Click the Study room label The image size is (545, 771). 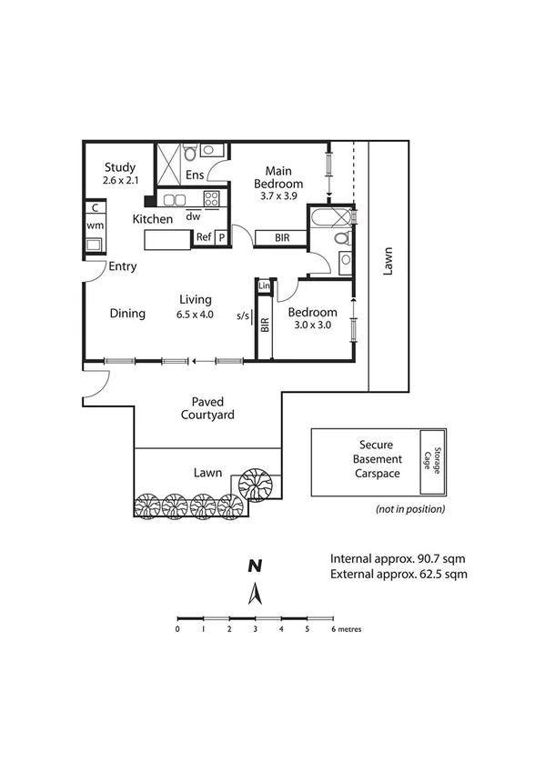coord(119,167)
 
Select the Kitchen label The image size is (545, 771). coord(152,219)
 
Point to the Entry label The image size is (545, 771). coord(122,266)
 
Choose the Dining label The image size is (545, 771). coord(127,314)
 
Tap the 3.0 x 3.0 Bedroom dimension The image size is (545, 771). coord(312,325)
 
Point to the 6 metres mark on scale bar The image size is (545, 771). coord(333,628)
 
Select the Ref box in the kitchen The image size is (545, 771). coord(204,237)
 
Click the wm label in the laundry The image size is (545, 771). coord(95,225)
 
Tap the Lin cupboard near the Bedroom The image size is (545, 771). coord(264,287)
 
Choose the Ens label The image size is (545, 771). coord(194,175)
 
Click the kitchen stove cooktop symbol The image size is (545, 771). coord(211,199)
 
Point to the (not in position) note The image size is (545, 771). coord(409,509)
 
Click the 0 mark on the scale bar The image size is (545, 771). coord(177,628)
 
